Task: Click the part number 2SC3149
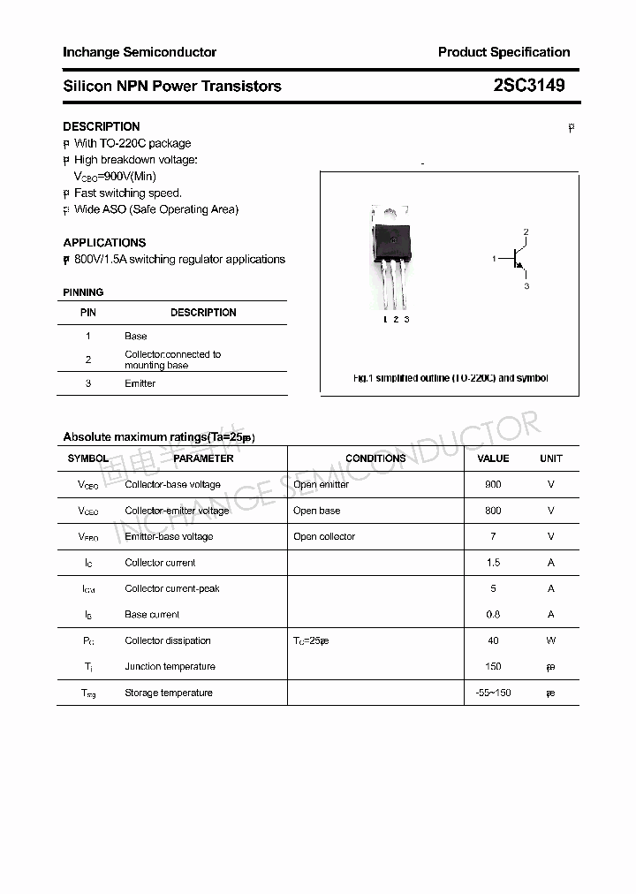(529, 86)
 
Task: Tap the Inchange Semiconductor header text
(140, 52)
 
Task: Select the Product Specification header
(503, 52)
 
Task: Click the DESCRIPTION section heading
(102, 126)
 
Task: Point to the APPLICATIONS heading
(104, 242)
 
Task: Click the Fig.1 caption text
(450, 378)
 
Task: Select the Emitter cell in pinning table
(140, 383)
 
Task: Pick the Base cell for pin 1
(136, 336)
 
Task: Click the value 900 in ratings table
(493, 484)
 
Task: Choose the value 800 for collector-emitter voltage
(493, 511)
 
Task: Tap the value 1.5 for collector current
(493, 563)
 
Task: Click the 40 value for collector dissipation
(493, 640)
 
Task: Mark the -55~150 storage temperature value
(493, 693)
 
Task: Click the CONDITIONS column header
(375, 458)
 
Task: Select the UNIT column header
(551, 458)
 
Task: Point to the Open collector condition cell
(324, 536)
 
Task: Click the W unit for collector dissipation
(551, 640)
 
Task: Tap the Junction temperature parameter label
(170, 667)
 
